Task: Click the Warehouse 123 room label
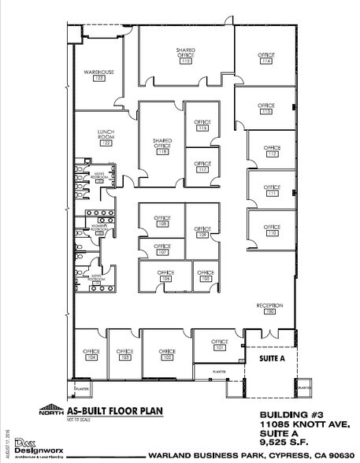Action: pos(99,76)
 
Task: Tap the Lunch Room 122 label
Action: pos(102,137)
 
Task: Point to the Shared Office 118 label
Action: pos(163,146)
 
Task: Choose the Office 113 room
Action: pos(266,109)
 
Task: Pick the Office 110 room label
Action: pos(273,230)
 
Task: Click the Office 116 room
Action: pos(203,126)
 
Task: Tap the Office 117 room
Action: pos(203,166)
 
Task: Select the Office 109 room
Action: pos(162,220)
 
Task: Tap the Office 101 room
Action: pos(220,344)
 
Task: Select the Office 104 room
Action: pos(91,354)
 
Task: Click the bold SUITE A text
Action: pos(267,356)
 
